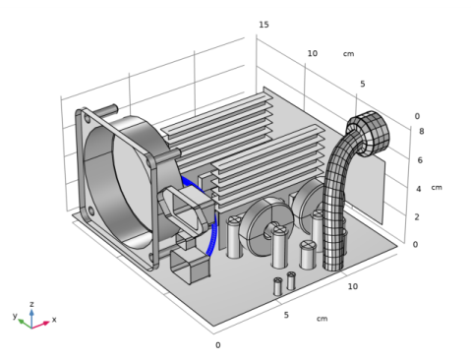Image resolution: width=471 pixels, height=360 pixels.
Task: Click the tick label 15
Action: pyautogui.click(x=264, y=25)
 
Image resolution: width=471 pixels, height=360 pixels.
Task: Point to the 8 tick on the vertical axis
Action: pyautogui.click(x=421, y=131)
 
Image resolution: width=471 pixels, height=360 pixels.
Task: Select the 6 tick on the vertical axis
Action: pyautogui.click(x=420, y=160)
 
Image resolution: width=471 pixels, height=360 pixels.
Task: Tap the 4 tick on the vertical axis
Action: pyautogui.click(x=419, y=189)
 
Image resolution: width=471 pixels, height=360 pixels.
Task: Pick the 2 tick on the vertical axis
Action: pyautogui.click(x=417, y=217)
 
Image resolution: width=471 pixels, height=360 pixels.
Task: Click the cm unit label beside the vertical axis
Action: pyautogui.click(x=437, y=188)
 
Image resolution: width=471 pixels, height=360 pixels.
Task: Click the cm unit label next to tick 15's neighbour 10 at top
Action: pyautogui.click(x=348, y=54)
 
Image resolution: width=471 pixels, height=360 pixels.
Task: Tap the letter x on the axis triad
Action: pyautogui.click(x=54, y=320)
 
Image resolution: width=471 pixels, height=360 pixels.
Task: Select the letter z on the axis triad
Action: pyautogui.click(x=31, y=304)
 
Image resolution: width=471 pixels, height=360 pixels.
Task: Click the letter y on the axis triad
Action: pyautogui.click(x=15, y=316)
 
